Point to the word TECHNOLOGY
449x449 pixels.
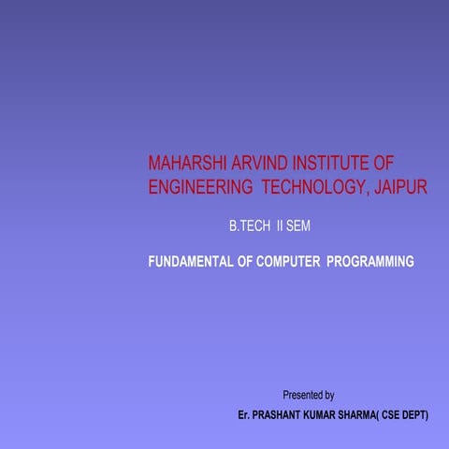coord(311,187)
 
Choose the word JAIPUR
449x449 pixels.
coord(399,187)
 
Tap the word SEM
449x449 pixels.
coord(298,228)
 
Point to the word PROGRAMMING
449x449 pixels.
coord(369,262)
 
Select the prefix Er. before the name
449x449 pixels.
coord(245,413)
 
